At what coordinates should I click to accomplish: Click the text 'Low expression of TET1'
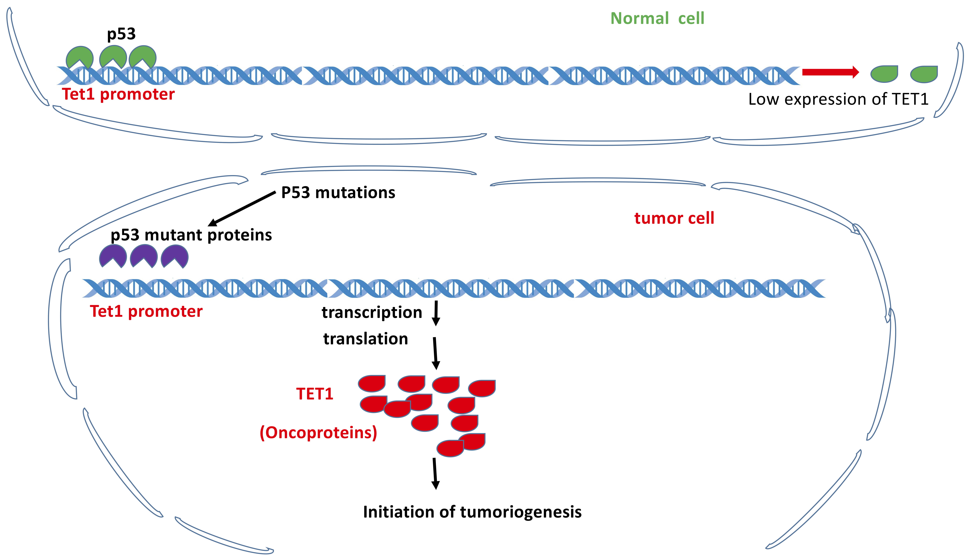pos(838,99)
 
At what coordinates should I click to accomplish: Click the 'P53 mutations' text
pos(338,192)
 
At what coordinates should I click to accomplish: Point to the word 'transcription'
pos(372,312)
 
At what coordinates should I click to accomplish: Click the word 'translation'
pos(366,339)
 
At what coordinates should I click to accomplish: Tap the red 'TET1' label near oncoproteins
pos(315,394)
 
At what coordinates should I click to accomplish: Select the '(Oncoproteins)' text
pos(318,433)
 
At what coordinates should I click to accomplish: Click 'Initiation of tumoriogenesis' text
pos(472,512)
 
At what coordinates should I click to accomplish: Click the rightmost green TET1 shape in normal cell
pos(924,74)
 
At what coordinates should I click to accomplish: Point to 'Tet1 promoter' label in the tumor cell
pos(146,311)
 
